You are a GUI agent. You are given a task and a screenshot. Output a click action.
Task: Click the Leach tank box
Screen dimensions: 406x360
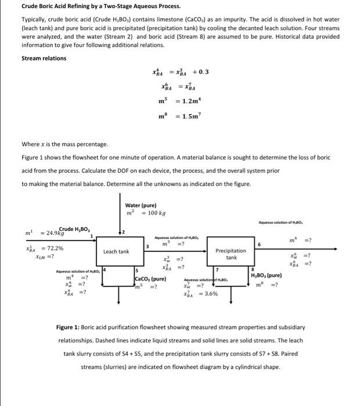pos(116,252)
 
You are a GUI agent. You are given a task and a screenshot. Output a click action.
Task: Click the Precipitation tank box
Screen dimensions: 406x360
pos(231,254)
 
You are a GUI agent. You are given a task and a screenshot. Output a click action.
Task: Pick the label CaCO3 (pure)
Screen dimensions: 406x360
pos(150,279)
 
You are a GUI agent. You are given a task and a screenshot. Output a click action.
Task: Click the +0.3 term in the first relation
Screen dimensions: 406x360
pos(199,72)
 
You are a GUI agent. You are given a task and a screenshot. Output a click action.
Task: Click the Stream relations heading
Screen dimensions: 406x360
pos(44,58)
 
